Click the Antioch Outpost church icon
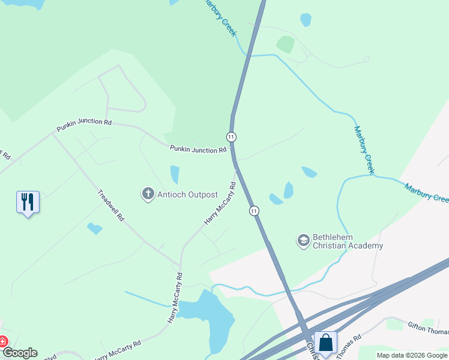click(x=148, y=194)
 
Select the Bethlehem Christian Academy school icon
click(x=304, y=241)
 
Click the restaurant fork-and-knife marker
click(x=28, y=202)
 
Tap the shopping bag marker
click(x=325, y=343)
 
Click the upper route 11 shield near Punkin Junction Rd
click(x=231, y=137)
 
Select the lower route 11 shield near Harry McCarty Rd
click(x=255, y=211)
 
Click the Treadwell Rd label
click(x=110, y=206)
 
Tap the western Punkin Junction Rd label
click(x=84, y=125)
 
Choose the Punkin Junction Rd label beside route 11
click(x=197, y=149)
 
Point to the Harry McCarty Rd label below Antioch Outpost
click(x=219, y=204)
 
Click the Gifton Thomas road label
click(x=427, y=330)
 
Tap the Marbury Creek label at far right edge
click(x=426, y=193)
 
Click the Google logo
click(x=19, y=353)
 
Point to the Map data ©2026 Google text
click(x=412, y=355)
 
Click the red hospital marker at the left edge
click(x=2, y=342)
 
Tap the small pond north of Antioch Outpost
click(x=175, y=175)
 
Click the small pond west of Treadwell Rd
click(x=94, y=228)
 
